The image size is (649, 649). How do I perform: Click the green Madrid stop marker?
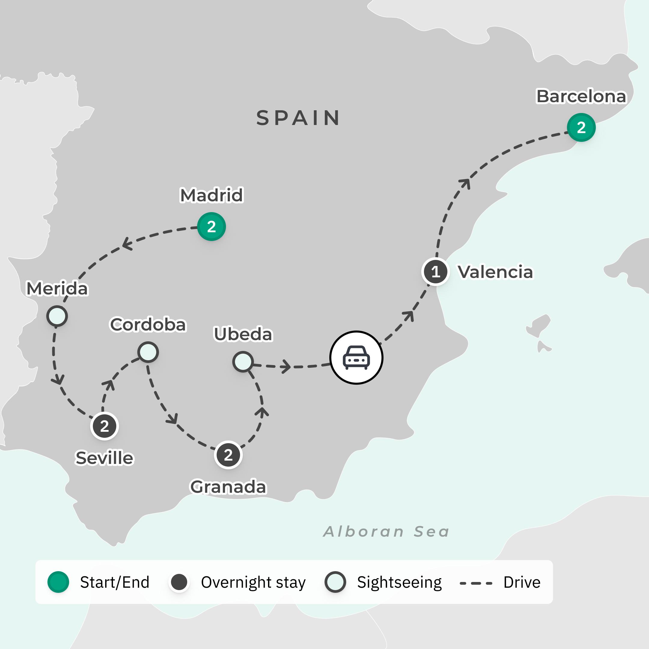211,227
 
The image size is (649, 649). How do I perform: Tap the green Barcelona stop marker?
581,127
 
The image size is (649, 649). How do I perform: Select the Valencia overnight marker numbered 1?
435,271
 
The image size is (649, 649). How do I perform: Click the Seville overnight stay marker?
105,426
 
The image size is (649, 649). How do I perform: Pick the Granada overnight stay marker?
228,455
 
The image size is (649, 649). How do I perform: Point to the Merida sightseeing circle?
57,316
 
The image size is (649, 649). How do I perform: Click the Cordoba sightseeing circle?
148,352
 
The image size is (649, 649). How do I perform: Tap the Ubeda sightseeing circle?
243,362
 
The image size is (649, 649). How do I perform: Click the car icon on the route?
356,358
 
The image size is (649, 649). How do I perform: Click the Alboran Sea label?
386,532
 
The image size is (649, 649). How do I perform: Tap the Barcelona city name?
581,96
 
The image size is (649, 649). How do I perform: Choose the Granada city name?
228,487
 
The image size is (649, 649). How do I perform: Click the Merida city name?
57,288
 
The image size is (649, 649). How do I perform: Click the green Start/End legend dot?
58,582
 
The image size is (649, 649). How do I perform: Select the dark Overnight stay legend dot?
179,582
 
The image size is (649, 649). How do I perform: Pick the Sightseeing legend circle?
335,582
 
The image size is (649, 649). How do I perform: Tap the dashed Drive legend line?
476,583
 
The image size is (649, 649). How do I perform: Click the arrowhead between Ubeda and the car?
286,366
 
